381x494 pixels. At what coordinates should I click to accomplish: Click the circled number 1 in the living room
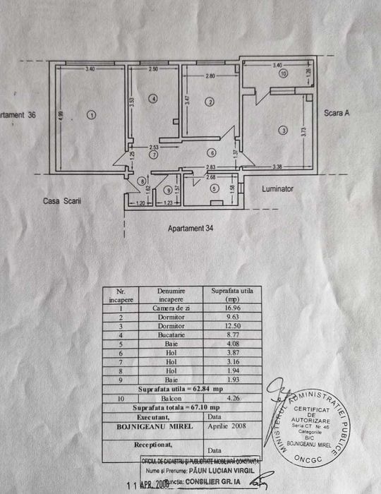click(90, 115)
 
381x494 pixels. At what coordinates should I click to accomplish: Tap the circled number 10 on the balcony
click(283, 73)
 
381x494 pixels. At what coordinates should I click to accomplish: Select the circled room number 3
click(283, 130)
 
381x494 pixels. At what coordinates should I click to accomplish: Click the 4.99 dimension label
click(61, 115)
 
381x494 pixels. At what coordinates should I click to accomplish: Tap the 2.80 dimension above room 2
click(210, 76)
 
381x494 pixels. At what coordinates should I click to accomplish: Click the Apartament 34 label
click(191, 228)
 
